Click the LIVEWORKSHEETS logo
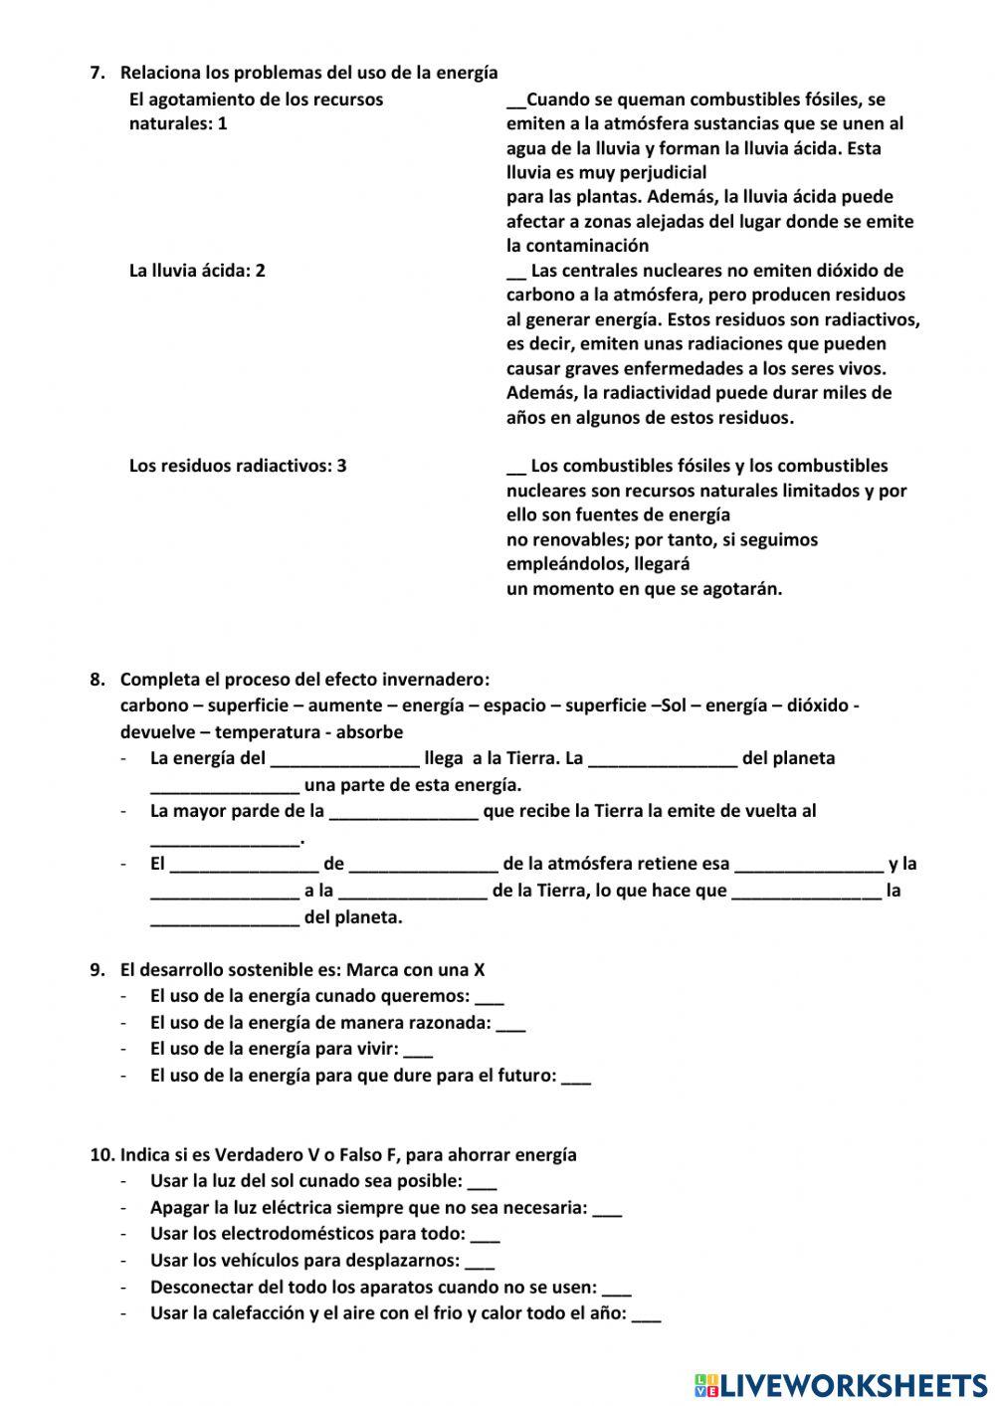841,1384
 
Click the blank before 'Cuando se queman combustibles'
515,100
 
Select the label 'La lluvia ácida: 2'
197,271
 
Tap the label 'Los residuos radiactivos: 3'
238,466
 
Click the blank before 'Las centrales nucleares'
515,272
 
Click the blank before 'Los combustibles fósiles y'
515,467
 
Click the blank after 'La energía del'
344,760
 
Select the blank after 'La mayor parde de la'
403,813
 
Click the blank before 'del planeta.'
224,919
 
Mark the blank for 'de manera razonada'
510,1025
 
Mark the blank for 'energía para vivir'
418,1051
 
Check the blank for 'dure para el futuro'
576,1078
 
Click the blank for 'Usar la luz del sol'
482,1183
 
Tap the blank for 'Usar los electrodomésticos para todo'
485,1236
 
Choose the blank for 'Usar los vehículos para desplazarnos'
480,1263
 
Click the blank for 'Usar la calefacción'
646,1315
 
